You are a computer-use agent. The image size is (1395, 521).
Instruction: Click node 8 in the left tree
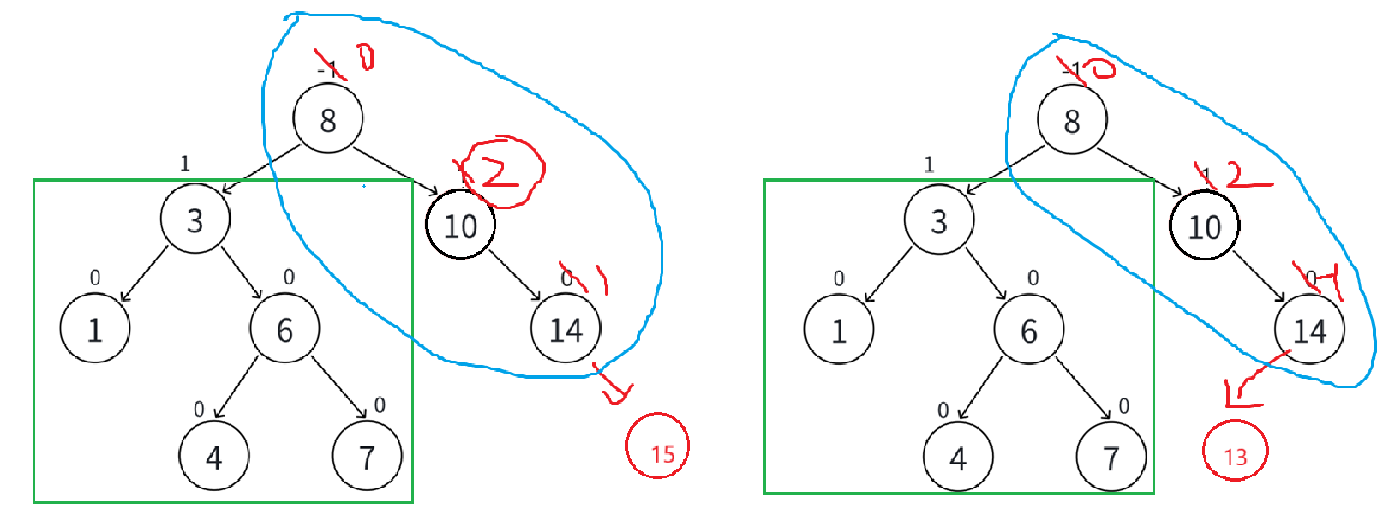point(327,119)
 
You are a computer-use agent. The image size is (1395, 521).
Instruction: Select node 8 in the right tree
point(1071,120)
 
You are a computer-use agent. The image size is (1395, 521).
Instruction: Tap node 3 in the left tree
point(195,219)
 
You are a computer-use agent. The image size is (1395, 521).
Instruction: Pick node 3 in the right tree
point(938,220)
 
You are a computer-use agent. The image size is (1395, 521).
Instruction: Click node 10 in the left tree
point(460,225)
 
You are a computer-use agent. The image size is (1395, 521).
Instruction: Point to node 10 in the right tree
point(1204,226)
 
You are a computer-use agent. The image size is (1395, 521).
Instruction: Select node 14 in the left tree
point(565,329)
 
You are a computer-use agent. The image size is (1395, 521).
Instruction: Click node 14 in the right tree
point(1308,330)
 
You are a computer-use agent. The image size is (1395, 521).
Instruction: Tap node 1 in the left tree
point(94,329)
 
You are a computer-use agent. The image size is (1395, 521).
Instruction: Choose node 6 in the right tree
point(1028,330)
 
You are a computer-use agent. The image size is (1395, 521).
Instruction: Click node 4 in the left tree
point(213,457)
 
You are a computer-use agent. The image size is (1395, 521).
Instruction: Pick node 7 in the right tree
point(1111,458)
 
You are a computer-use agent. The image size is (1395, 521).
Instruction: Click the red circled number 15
point(657,446)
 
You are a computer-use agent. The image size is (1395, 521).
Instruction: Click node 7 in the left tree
point(367,457)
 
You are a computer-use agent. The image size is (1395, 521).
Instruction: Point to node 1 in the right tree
point(838,330)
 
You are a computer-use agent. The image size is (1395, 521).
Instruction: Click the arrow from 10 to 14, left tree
point(515,275)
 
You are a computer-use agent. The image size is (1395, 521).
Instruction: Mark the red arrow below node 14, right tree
point(1253,380)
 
